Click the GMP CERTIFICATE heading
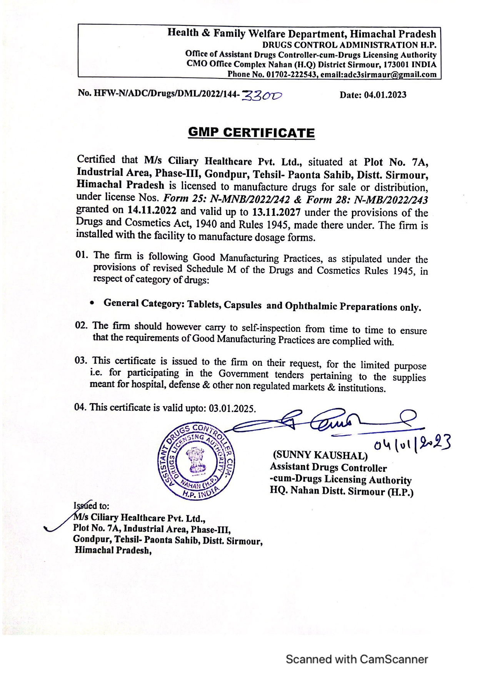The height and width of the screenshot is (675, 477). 251,133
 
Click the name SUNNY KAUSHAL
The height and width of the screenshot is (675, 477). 320,455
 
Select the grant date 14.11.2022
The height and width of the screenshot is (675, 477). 152,210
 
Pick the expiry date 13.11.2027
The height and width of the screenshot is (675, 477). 276,212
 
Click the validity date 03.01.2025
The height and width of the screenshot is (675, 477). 232,408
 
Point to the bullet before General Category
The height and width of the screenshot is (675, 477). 92,303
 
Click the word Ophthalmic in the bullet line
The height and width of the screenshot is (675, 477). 311,306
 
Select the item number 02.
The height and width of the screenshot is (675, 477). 82,325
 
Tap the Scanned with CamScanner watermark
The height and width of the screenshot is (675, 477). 357,659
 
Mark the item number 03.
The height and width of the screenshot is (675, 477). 82,360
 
